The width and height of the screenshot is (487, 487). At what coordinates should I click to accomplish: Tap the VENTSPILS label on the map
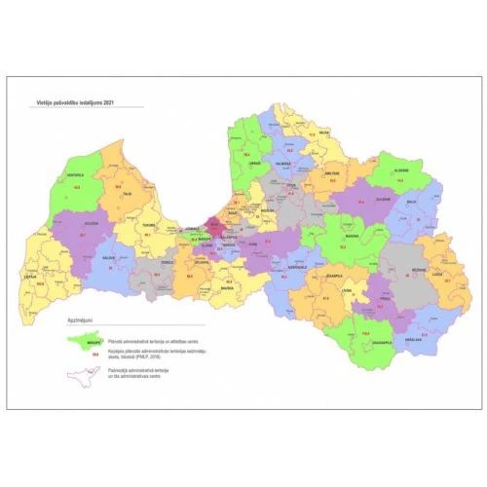75,175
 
